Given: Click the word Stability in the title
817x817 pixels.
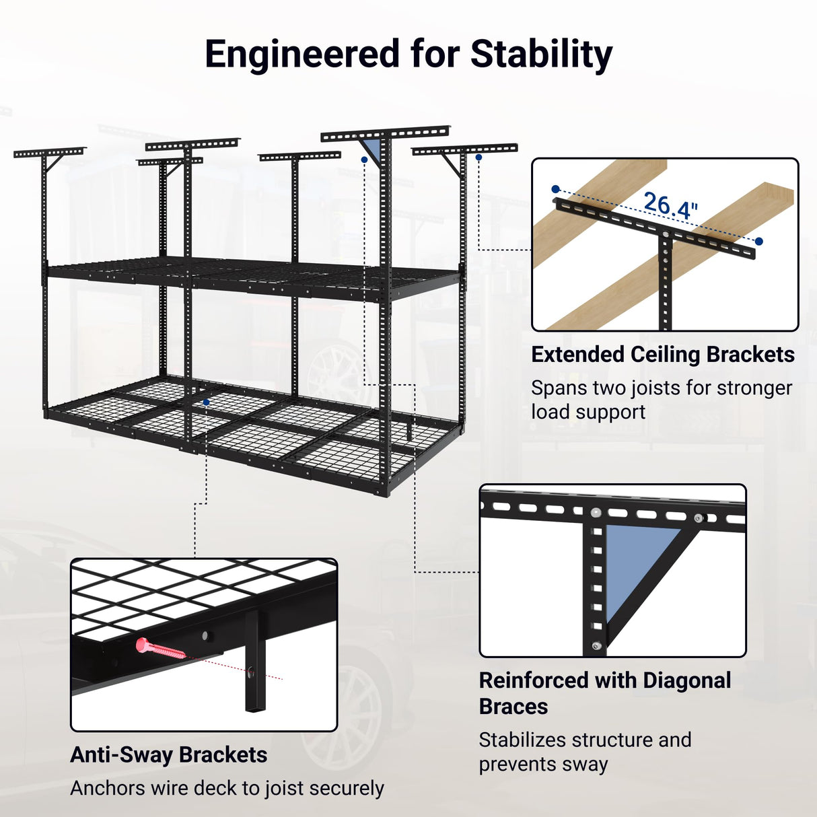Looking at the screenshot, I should (x=541, y=55).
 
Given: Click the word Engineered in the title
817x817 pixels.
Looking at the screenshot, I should (x=302, y=55).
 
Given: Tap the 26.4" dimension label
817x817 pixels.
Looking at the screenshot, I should (x=670, y=205).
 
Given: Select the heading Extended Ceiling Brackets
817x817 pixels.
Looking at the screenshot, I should (x=663, y=355).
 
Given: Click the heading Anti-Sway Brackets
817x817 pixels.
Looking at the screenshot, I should (x=168, y=755).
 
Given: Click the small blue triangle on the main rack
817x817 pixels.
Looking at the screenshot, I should (x=372, y=149).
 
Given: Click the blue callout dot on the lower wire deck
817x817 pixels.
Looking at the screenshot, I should (x=206, y=402).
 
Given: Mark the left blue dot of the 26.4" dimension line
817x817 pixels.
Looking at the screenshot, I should (x=555, y=189).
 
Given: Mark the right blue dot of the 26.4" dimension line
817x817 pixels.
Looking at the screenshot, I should (x=759, y=241).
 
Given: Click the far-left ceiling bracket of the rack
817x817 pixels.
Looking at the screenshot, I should (x=49, y=153).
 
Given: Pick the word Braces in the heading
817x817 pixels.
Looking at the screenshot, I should (x=513, y=707).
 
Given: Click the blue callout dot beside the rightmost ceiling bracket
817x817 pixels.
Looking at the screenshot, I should (x=478, y=157).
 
